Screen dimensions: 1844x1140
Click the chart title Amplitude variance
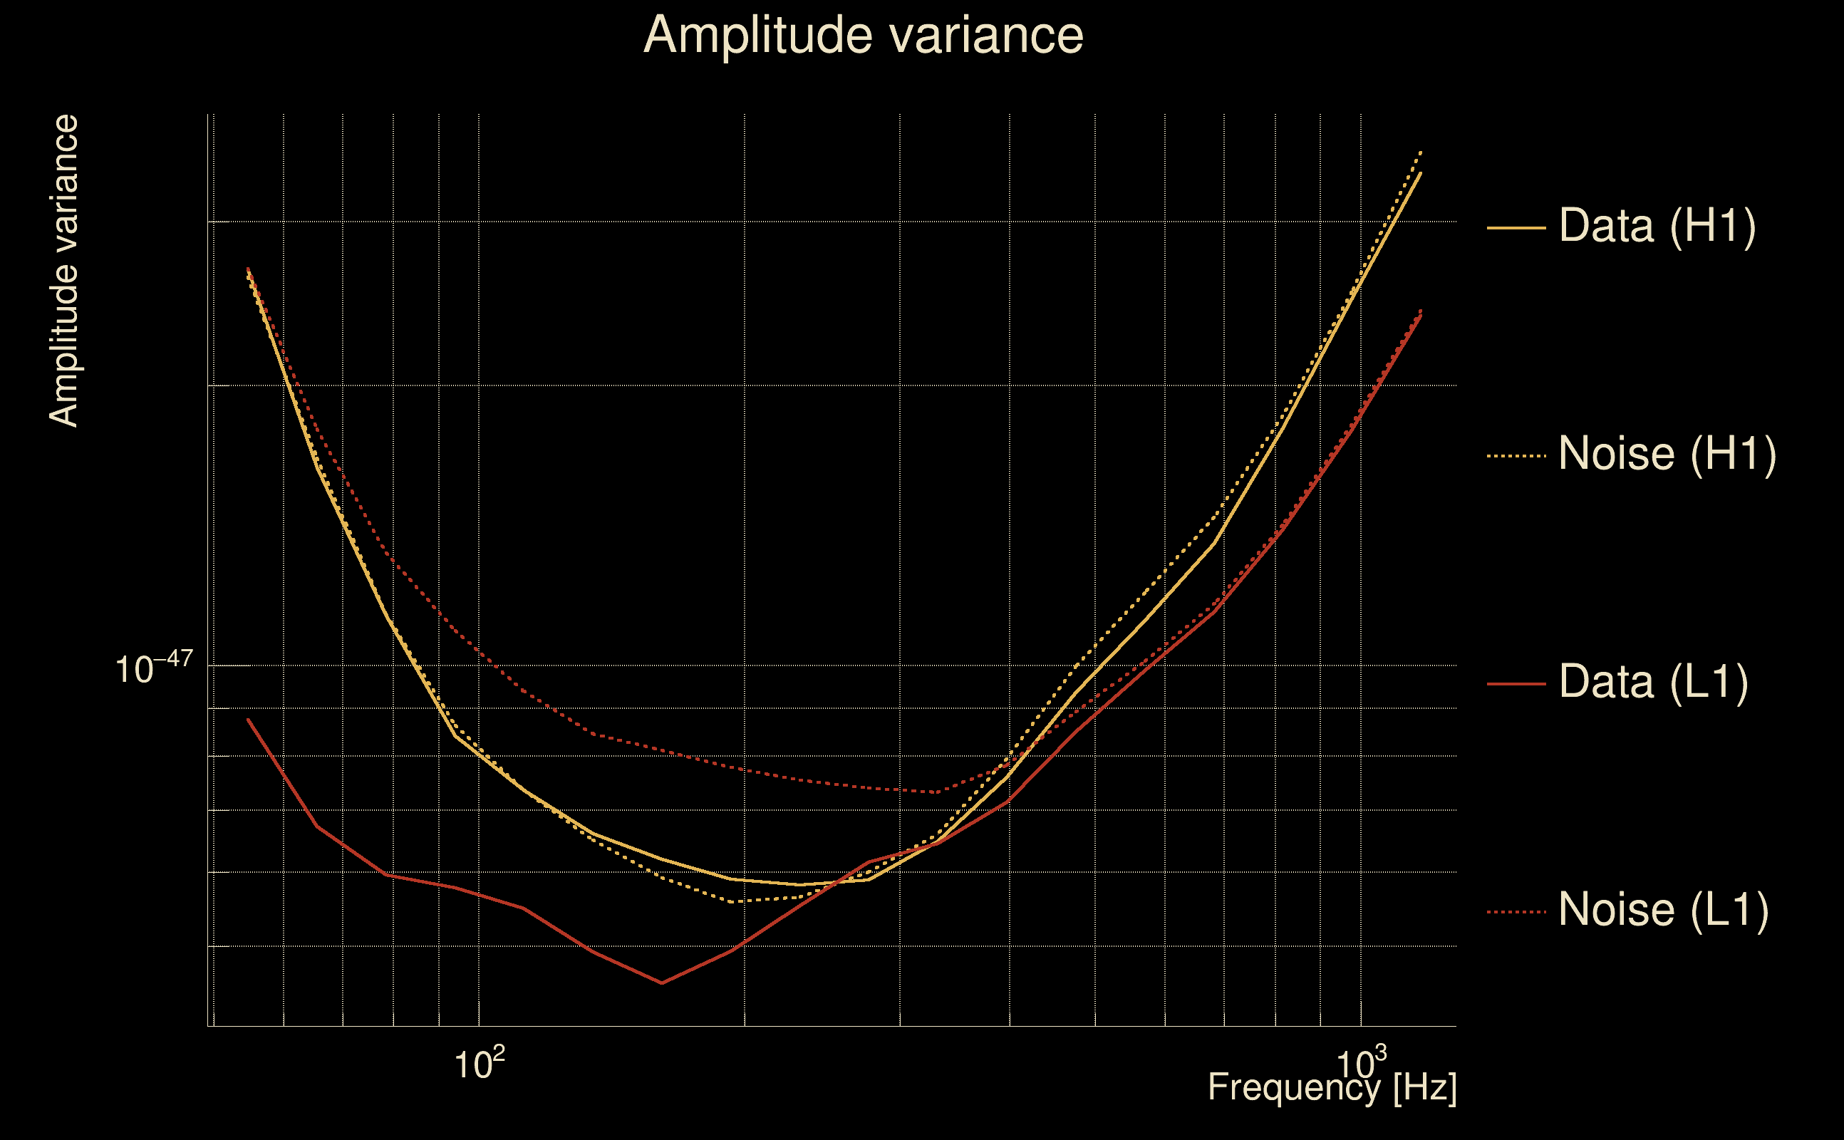pyautogui.click(x=863, y=36)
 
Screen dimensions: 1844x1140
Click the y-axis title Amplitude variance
pyautogui.click(x=63, y=271)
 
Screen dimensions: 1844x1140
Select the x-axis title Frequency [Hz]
pyautogui.click(x=1332, y=1088)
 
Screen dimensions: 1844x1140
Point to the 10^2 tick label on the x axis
pyautogui.click(x=480, y=1062)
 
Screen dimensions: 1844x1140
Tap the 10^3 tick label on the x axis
pyautogui.click(x=1362, y=1062)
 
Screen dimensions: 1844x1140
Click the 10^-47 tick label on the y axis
pyautogui.click(x=154, y=666)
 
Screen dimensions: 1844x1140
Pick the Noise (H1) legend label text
pyautogui.click(x=1667, y=454)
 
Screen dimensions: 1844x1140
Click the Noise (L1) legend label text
pyautogui.click(x=1664, y=910)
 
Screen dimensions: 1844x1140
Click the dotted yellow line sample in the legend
pyautogui.click(x=1516, y=456)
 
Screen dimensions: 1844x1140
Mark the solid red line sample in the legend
pyautogui.click(x=1516, y=684)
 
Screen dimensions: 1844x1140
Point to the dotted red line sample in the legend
pyautogui.click(x=1516, y=912)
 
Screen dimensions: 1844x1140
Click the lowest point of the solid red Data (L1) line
pyautogui.click(x=662, y=983)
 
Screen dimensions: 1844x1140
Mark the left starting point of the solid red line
pyautogui.click(x=248, y=720)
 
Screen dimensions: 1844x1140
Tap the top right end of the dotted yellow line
pyautogui.click(x=1421, y=152)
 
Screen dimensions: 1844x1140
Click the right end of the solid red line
pyautogui.click(x=1421, y=316)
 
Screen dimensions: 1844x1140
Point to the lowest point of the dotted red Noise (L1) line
pyautogui.click(x=936, y=792)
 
